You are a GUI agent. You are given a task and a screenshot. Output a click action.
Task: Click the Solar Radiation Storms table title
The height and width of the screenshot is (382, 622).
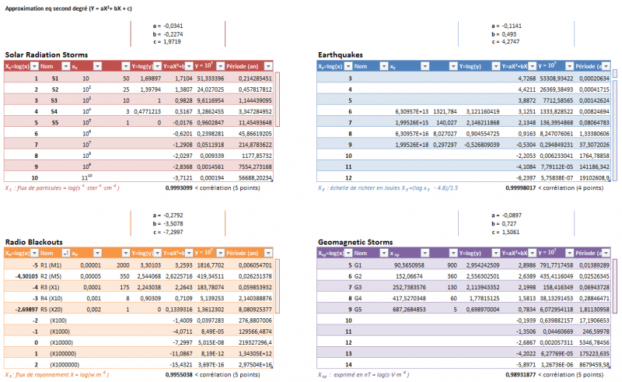point(47,54)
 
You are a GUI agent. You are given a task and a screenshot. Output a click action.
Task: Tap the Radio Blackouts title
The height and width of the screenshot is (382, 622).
point(36,242)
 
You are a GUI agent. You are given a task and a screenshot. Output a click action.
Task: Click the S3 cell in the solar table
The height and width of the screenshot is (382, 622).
point(54,100)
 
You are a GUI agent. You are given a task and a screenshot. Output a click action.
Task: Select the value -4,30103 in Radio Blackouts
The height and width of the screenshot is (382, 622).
point(24,275)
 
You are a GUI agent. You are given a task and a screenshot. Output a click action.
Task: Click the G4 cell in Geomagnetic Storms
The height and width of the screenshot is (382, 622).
point(358,297)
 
